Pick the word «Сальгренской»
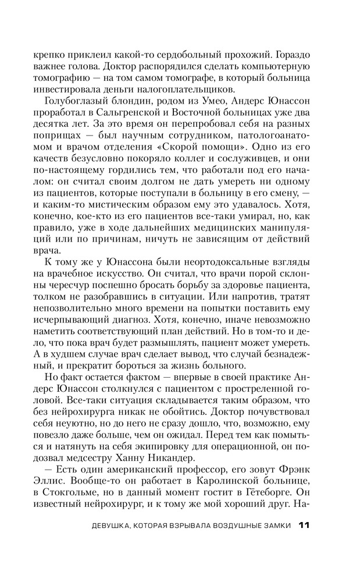point(135,116)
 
